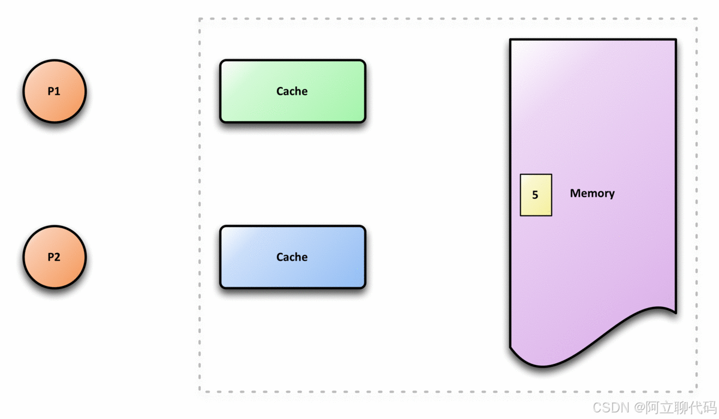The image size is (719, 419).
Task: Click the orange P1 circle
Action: pyautogui.click(x=55, y=91)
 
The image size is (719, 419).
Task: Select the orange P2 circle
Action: pyautogui.click(x=55, y=257)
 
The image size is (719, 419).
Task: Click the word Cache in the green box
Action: pyautogui.click(x=292, y=91)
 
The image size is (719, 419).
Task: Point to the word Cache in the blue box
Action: pyautogui.click(x=292, y=257)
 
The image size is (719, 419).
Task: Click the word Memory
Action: pyautogui.click(x=592, y=193)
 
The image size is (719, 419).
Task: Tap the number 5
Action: pyautogui.click(x=535, y=195)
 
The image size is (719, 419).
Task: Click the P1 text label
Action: pyautogui.click(x=54, y=91)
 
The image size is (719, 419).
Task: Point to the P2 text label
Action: pyautogui.click(x=54, y=257)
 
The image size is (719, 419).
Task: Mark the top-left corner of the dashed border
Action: pyautogui.click(x=200, y=19)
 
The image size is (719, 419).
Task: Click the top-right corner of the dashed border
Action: pyautogui.click(x=697, y=19)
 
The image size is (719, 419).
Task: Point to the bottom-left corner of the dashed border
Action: pyautogui.click(x=200, y=391)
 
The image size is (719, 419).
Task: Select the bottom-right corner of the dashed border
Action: pyautogui.click(x=697, y=391)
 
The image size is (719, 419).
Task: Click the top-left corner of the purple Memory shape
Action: pyautogui.click(x=510, y=40)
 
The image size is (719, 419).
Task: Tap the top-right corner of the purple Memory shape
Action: pyautogui.click(x=675, y=40)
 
